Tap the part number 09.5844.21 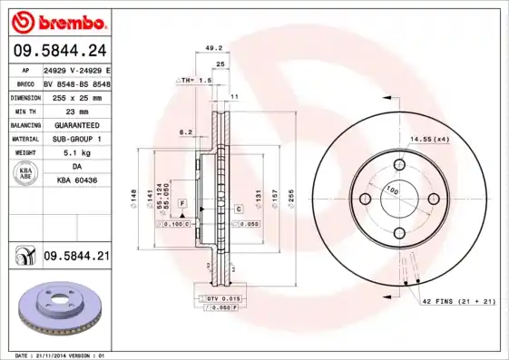[x=76, y=258]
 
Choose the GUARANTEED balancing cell [x=76, y=124]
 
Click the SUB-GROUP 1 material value [x=76, y=139]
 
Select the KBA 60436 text [x=76, y=182]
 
